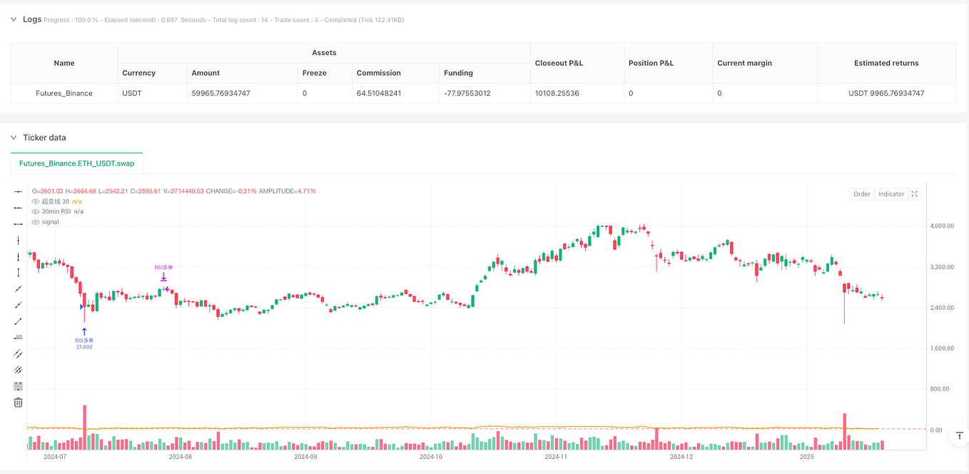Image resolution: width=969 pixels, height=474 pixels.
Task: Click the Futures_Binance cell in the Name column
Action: [x=64, y=93]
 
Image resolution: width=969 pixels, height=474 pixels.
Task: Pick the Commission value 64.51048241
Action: [x=386, y=93]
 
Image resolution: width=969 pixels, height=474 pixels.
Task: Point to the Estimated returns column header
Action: [x=886, y=63]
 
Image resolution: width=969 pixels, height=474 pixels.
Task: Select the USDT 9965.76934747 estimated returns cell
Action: [x=886, y=93]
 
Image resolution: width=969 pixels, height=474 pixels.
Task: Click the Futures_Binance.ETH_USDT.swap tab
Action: [x=77, y=163]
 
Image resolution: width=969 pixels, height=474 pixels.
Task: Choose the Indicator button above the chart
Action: [x=891, y=194]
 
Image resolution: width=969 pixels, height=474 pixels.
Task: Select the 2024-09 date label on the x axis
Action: [x=305, y=456]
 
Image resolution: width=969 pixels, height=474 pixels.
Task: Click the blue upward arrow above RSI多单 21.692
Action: [x=84, y=331]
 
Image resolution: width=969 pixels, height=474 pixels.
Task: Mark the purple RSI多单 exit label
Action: [x=163, y=268]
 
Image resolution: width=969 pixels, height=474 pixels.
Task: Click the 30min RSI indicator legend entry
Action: [x=57, y=211]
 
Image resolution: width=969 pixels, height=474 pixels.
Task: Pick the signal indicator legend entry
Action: [x=50, y=222]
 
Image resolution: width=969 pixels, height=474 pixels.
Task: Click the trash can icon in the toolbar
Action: [x=18, y=403]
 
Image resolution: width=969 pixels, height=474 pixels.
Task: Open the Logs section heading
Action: [x=32, y=19]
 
